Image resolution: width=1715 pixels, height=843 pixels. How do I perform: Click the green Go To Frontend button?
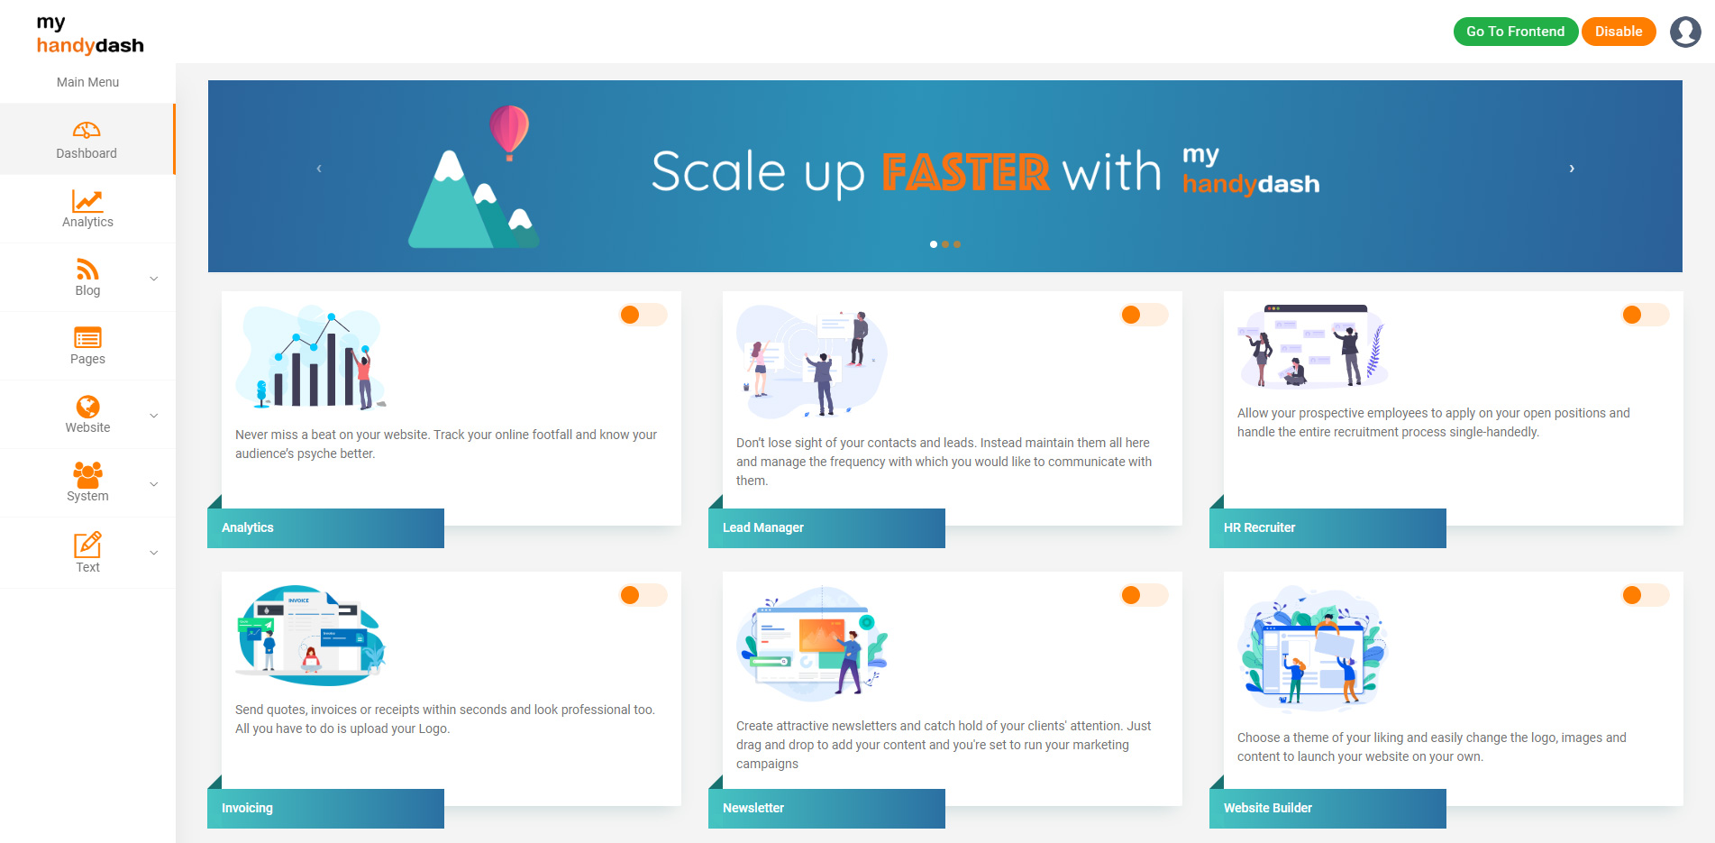coord(1515,32)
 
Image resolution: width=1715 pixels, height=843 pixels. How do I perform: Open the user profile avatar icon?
coord(1685,32)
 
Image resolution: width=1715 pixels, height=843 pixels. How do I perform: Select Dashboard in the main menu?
coord(87,140)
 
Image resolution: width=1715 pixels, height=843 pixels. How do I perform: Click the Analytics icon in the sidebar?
coord(87,200)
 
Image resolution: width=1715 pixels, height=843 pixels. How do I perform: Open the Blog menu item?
coord(87,278)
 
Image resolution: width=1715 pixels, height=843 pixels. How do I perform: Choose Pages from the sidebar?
coord(87,346)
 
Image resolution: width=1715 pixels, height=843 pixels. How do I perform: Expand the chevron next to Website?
coord(154,416)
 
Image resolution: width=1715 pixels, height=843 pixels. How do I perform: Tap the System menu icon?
coord(87,474)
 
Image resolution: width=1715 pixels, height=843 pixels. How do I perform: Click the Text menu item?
coord(87,553)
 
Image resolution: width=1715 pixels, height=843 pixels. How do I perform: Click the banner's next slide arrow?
coord(1572,169)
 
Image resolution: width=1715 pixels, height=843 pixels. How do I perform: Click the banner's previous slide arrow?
coord(319,169)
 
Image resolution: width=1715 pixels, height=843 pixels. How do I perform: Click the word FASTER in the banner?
coord(965,172)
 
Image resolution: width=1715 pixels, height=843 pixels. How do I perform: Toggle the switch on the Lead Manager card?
coord(1145,315)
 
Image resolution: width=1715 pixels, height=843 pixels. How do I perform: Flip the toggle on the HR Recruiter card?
coord(1646,315)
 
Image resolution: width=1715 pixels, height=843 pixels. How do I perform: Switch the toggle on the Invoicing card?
coord(643,595)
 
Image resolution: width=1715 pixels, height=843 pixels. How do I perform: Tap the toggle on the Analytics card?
coord(643,315)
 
